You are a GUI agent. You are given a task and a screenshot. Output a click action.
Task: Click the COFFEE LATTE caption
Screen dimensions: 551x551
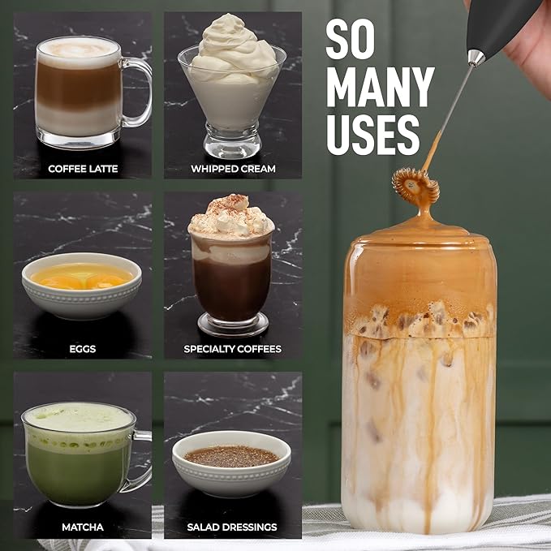[83, 169]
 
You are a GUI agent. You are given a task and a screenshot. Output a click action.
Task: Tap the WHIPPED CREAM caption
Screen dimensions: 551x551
[233, 169]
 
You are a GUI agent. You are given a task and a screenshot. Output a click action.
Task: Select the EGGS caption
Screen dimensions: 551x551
[83, 349]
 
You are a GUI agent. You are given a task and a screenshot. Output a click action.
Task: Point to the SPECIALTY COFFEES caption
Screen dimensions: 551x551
[233, 349]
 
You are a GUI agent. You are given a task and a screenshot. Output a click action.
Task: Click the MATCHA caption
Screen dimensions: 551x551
[83, 527]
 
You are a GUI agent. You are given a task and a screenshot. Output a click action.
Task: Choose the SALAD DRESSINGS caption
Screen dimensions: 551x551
[233, 527]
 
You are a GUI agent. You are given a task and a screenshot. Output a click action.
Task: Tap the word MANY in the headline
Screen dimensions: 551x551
[380, 87]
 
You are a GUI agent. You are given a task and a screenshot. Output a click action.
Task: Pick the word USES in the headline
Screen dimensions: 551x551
[372, 133]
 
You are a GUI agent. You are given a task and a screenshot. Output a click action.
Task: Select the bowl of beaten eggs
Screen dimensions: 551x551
[81, 284]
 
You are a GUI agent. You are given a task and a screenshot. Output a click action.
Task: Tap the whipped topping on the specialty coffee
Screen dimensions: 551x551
[231, 217]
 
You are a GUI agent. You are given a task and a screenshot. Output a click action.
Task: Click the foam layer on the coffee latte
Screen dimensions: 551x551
[79, 53]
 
